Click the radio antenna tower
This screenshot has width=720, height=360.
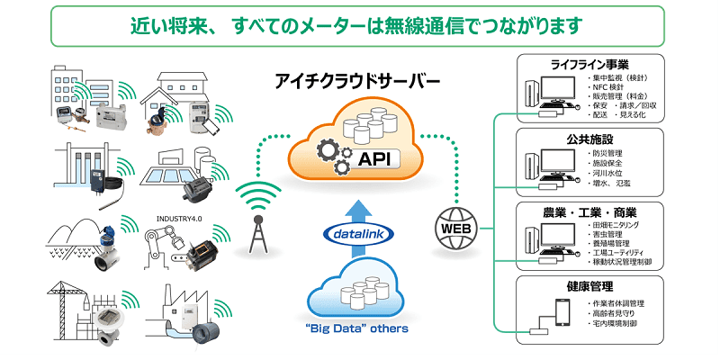click(x=259, y=229)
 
